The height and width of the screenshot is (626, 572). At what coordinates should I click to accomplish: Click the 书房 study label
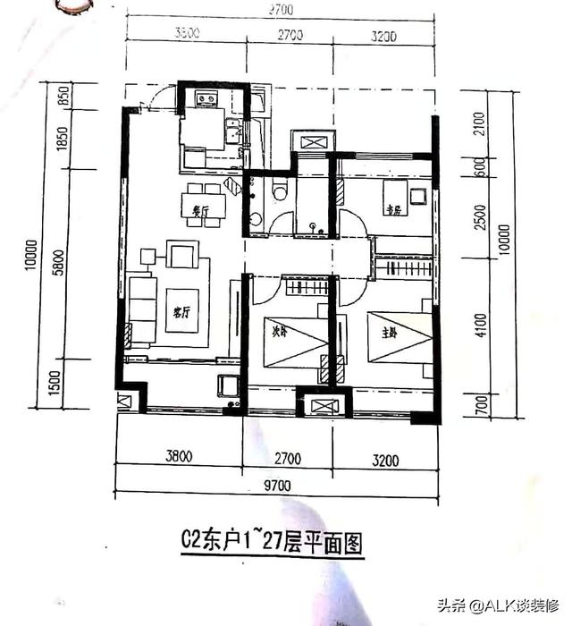[394, 211]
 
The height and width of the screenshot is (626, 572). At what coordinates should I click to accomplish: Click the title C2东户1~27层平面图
[273, 543]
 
